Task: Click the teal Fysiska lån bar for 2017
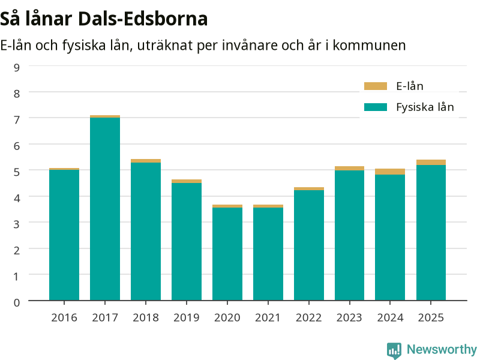point(105,209)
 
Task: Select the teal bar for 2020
point(227,254)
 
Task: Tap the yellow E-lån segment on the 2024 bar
point(390,172)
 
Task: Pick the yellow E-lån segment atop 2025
point(431,162)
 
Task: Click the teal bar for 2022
point(309,245)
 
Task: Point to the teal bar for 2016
point(64,235)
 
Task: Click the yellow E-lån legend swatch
point(376,86)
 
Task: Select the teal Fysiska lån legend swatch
point(376,107)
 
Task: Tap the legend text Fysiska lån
point(425,107)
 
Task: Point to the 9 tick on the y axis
point(17,68)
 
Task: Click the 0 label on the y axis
point(17,303)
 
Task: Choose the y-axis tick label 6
point(17,146)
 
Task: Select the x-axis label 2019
point(187,318)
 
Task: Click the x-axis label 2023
point(349,318)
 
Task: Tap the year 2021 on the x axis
point(268,318)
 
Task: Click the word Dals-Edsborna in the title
point(143,19)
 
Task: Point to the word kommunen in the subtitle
point(369,46)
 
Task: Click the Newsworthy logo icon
point(394,350)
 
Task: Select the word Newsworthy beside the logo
point(442,349)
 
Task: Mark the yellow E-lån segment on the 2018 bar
point(146,161)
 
